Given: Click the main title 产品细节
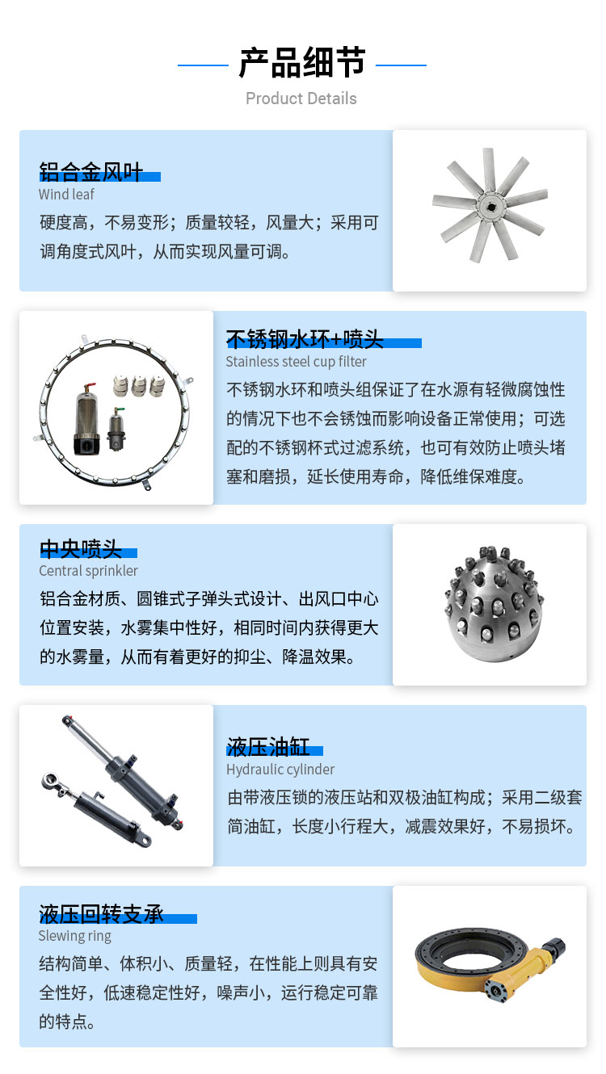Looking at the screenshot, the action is pos(302,63).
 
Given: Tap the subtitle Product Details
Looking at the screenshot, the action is pos(301,99).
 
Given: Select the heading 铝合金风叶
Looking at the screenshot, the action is pos(90,172).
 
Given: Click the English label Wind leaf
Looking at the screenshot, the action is pos(66,194).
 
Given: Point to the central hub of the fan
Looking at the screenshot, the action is pos(490,206).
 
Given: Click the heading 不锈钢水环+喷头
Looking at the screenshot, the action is pos(305,339).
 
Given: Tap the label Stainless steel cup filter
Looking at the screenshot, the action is pos(296,362).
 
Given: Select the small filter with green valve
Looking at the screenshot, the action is pos(116,429).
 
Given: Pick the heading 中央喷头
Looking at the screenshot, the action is pos(81,548).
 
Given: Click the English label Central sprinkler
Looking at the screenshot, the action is pos(88,571).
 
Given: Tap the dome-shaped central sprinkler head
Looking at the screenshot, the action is pos(494,604).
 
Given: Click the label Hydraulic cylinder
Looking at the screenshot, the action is pos(280,770).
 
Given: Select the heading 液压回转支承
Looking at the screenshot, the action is pos(101,914).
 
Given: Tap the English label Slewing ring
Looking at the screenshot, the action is pos(75,935).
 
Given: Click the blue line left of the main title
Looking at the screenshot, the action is pos(203,65).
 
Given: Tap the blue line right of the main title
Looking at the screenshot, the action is pos(401,65).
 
